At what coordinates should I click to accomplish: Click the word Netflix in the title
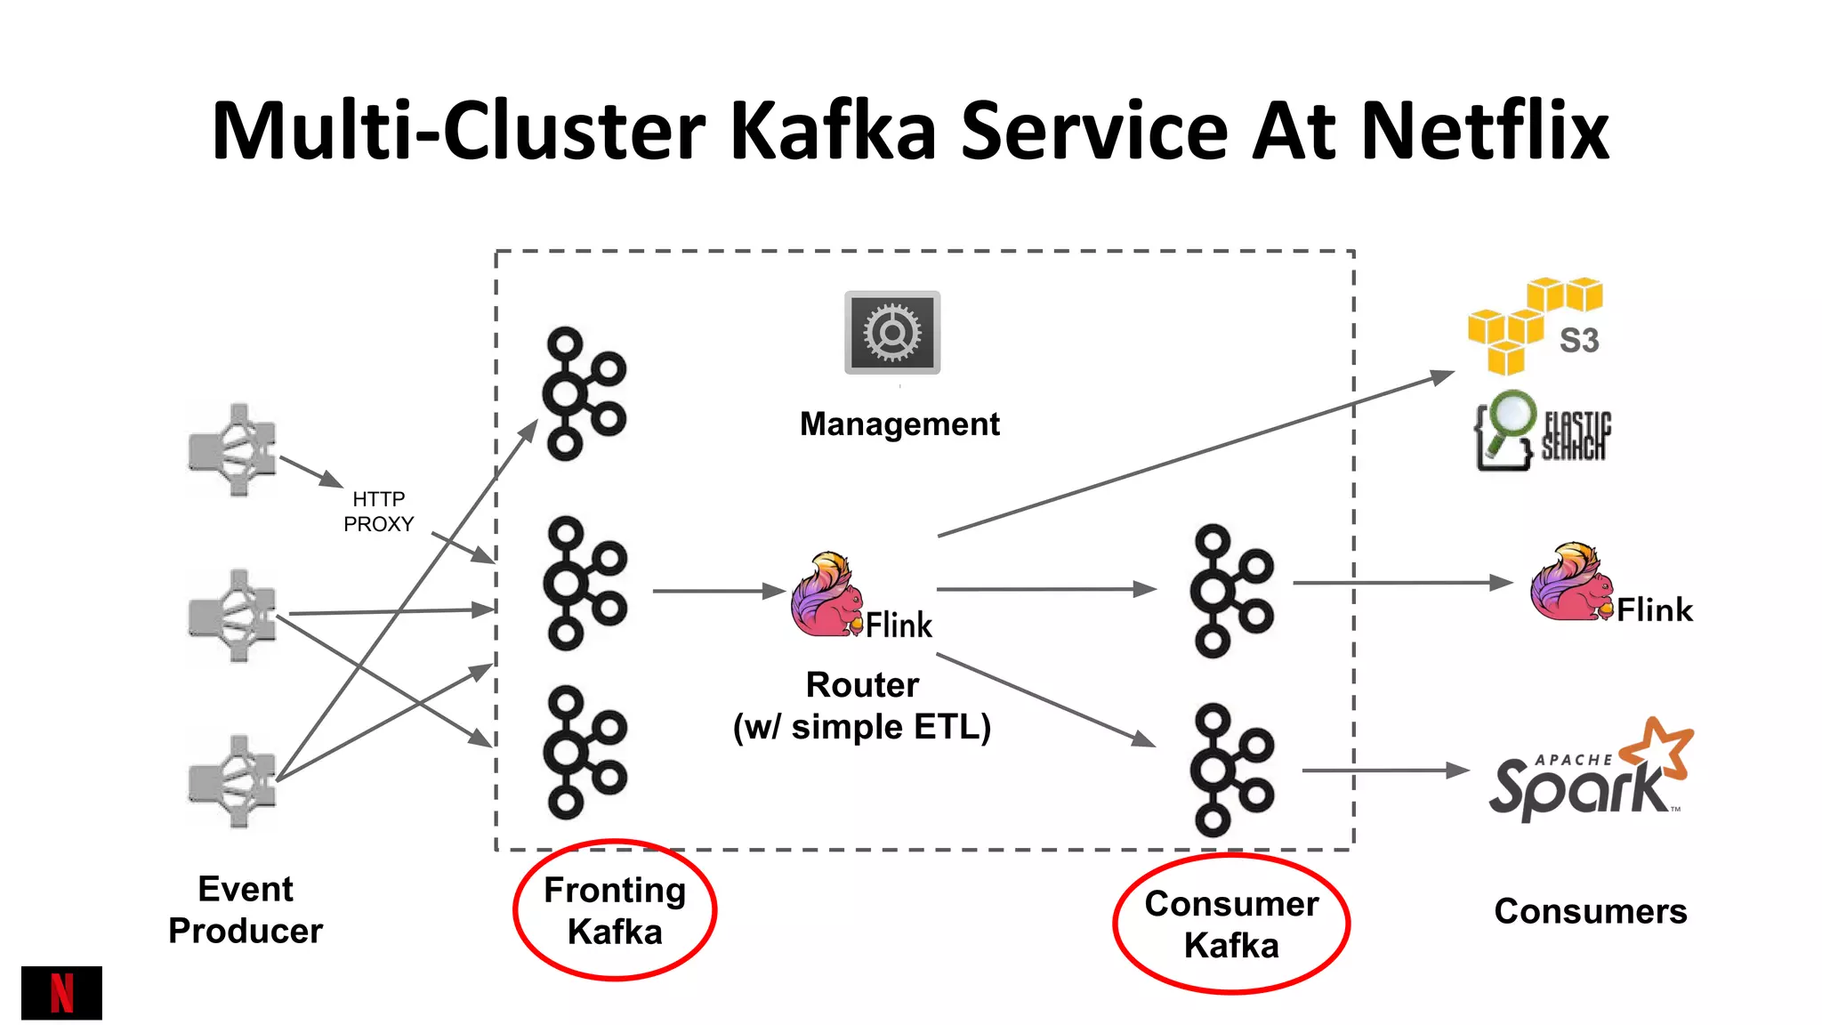(1485, 131)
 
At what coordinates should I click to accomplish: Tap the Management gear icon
(892, 333)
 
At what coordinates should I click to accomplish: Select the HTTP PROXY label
(379, 512)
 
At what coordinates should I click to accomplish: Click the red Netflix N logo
(61, 993)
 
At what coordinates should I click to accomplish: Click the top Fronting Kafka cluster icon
(584, 394)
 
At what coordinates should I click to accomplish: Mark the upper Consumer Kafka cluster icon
(1232, 591)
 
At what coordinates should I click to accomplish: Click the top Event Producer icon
(232, 450)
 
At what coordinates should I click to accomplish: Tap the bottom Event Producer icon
(232, 781)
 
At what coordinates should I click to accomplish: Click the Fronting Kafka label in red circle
(615, 910)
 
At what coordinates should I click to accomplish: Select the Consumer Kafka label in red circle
(1231, 924)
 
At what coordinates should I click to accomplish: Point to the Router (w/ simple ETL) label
(862, 706)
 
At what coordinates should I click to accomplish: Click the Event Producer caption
(246, 909)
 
